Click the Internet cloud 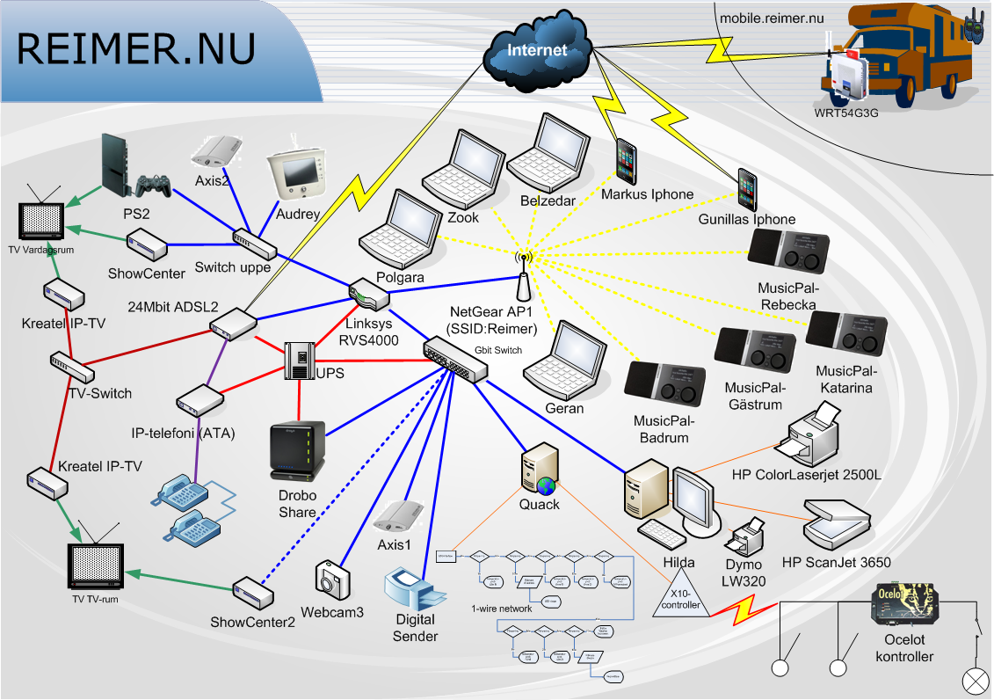coord(537,47)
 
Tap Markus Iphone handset coord(626,161)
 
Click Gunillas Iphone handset coord(747,190)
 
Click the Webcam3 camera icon coord(333,581)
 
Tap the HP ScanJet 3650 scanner coord(836,528)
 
